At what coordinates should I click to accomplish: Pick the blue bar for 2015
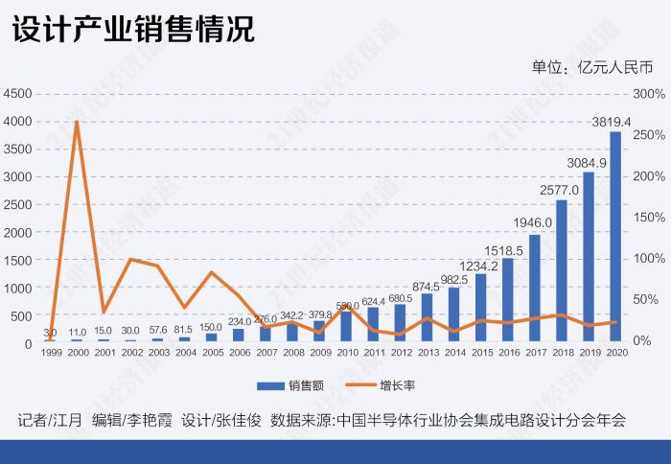480,308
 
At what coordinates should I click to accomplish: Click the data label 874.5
426,286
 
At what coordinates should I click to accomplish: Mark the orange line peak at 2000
77,122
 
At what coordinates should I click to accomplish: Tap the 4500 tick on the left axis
18,94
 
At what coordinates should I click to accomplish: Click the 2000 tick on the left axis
18,232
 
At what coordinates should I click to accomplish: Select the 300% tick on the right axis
650,94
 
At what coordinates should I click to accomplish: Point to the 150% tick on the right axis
650,218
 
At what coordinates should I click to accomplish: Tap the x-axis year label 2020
616,353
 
